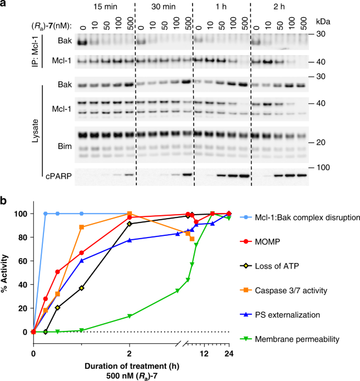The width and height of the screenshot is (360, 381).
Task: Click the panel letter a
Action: pyautogui.click(x=4, y=5)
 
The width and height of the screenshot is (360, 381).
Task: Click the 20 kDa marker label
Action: pyautogui.click(x=323, y=143)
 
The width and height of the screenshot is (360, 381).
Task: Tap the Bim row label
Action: pyautogui.click(x=61, y=139)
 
